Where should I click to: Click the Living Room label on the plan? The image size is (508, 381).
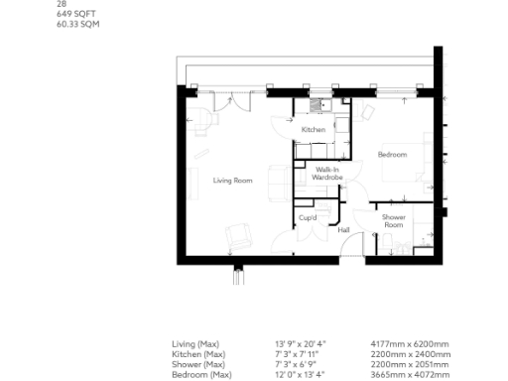click(232, 180)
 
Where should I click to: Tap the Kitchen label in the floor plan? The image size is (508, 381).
click(314, 130)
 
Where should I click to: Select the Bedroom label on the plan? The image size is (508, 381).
click(392, 155)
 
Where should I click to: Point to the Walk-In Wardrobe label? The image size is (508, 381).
click(327, 174)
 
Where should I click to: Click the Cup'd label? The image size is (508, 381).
click(308, 217)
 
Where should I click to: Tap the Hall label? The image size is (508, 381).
click(343, 230)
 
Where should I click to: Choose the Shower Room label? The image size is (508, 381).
click(393, 220)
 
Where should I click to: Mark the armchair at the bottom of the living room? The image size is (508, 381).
click(239, 237)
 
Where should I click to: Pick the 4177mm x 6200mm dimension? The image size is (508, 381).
click(415, 344)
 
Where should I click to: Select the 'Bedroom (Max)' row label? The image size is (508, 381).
click(201, 375)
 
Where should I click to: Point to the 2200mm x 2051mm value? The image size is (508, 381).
click(415, 364)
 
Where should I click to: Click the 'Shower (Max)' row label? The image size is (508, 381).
click(198, 364)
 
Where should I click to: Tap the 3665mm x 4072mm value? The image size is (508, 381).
click(415, 375)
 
